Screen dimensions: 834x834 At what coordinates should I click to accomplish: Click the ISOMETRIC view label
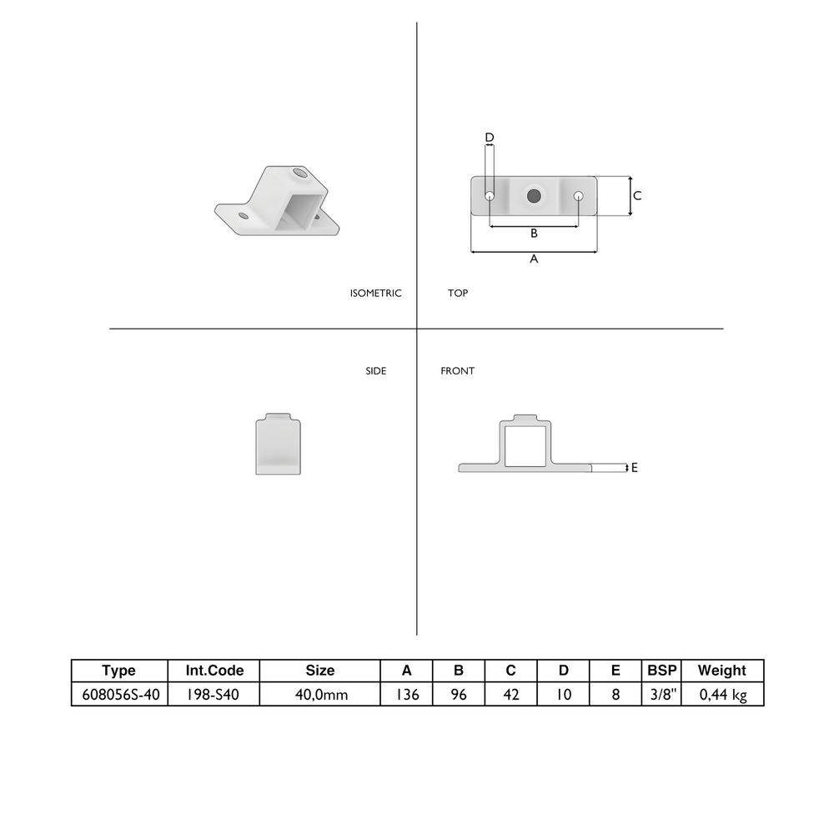tap(375, 293)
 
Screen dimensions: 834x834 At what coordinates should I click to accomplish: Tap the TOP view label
tap(457, 293)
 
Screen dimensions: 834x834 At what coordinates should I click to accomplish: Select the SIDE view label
tap(375, 371)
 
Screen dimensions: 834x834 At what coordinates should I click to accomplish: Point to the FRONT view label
tap(457, 371)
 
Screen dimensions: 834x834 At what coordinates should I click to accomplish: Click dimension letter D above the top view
tap(490, 138)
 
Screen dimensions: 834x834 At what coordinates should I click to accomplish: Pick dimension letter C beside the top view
tap(637, 196)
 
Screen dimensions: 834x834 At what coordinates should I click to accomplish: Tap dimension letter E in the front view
tap(634, 468)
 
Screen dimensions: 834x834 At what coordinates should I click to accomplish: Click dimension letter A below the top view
tap(534, 259)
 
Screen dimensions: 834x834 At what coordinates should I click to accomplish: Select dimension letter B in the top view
tap(534, 233)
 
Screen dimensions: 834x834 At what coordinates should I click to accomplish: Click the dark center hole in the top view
tap(534, 196)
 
